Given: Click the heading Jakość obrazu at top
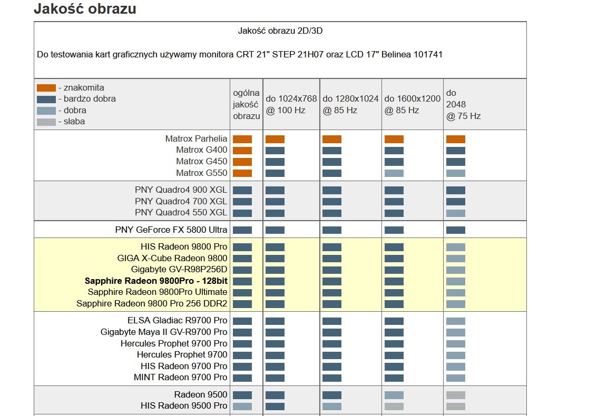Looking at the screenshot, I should [85, 9].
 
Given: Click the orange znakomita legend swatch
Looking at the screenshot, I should [46, 88].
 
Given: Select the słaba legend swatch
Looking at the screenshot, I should [46, 122].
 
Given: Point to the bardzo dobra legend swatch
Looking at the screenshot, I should [46, 99].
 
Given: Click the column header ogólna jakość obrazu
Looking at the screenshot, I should [246, 104].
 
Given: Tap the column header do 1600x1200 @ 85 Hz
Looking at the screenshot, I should [412, 104].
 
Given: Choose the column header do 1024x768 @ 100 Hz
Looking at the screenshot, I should [291, 104].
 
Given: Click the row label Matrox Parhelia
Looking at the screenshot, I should [196, 139].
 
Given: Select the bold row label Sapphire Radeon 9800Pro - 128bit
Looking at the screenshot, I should [156, 281].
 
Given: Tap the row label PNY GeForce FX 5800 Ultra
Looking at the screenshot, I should [171, 230].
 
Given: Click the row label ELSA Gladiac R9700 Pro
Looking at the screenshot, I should [177, 320].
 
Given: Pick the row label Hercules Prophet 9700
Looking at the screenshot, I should [182, 354].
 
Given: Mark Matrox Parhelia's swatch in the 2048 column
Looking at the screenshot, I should [455, 140].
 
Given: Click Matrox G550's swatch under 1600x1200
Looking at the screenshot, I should [394, 173].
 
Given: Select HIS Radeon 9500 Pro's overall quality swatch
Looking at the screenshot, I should [242, 407].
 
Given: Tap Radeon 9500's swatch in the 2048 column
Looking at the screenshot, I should [455, 395].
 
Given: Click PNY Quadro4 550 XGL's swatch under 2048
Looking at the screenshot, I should [455, 213].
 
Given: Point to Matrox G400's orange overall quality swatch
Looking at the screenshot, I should [242, 151].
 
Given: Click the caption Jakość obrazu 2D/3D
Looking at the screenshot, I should [280, 31].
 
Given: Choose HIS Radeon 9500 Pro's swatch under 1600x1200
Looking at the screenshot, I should [394, 407].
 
